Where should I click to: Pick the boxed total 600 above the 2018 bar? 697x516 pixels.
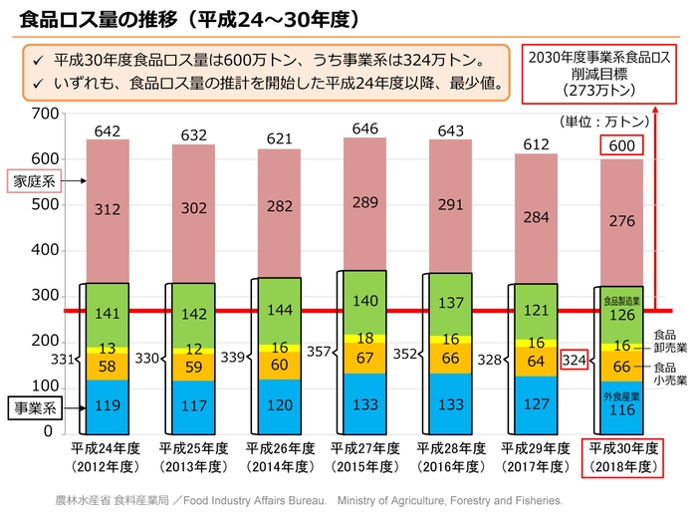tap(622, 145)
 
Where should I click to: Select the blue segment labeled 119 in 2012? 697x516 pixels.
tap(108, 405)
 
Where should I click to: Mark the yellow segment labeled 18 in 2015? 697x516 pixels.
tap(365, 339)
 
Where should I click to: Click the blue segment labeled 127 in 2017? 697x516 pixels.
tap(537, 403)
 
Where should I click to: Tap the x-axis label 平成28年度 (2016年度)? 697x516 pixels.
tap(451, 456)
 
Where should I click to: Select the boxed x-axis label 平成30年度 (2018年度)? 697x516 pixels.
tap(622, 456)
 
